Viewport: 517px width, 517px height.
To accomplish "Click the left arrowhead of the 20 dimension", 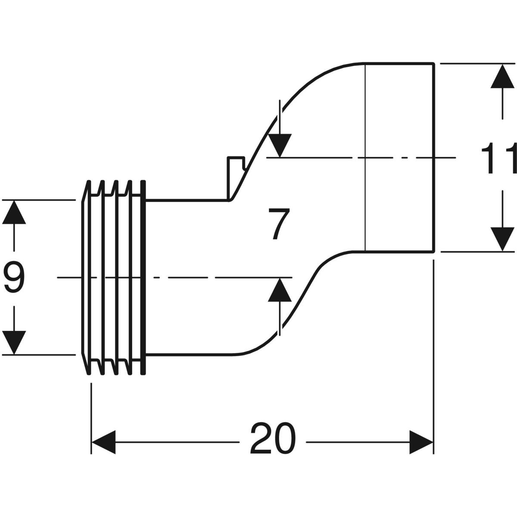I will [x=103, y=442].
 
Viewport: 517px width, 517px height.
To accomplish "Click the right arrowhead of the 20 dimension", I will [x=421, y=442].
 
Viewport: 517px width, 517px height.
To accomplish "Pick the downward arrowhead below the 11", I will [x=502, y=239].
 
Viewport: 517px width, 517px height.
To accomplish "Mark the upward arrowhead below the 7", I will [x=280, y=290].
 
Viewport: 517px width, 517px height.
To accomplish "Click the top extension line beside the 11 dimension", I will [x=474, y=63].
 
